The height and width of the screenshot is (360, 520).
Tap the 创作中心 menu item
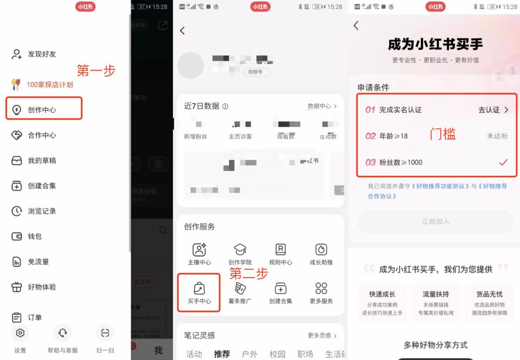[42, 110]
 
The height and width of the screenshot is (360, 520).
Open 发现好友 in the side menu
[42, 54]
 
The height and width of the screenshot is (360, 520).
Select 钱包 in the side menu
[35, 236]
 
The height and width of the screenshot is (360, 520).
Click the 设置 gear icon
[20, 333]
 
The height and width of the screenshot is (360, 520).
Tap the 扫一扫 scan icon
[105, 333]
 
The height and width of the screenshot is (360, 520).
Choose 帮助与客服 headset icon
[63, 333]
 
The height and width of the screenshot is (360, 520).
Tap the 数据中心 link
[322, 106]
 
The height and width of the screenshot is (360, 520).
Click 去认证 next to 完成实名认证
[493, 110]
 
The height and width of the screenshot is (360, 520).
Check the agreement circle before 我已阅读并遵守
[361, 186]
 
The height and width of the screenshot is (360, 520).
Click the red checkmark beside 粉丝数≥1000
[503, 162]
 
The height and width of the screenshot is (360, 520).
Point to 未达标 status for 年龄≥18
[497, 136]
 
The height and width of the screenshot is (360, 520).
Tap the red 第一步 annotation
[96, 71]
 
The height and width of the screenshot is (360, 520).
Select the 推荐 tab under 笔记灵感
[222, 354]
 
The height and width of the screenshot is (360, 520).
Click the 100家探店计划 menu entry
[50, 85]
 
